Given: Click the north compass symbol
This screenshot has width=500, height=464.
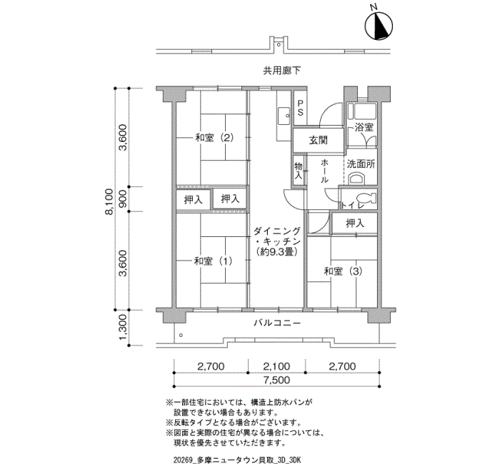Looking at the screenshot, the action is [x=379, y=25].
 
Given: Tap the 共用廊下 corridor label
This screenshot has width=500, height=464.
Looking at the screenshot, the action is [x=282, y=71].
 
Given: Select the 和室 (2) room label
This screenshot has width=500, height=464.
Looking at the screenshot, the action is [x=214, y=138].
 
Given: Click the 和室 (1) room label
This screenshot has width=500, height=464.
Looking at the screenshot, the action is [x=214, y=261].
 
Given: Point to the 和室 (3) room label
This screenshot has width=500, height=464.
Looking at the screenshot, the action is [x=343, y=271].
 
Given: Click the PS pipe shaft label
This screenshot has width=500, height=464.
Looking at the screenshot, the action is [x=300, y=108].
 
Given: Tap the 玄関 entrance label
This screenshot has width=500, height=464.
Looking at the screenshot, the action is [x=319, y=140].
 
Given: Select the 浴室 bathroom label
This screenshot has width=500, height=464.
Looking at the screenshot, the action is [x=364, y=128].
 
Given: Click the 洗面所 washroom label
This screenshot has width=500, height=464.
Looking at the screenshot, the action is [x=361, y=164].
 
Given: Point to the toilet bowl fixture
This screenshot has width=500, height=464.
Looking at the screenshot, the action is [x=366, y=198].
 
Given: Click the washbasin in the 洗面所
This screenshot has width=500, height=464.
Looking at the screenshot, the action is [x=356, y=178].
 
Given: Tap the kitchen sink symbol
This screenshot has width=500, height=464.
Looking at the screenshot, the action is [x=284, y=116].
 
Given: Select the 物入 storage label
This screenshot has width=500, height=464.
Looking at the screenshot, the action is [x=299, y=171].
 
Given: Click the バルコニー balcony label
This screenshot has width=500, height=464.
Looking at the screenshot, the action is [x=277, y=323].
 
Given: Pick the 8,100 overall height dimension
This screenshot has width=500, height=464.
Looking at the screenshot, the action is [x=109, y=202].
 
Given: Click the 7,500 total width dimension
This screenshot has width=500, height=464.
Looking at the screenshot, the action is [x=277, y=380].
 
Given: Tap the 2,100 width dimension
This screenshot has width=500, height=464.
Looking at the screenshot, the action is [x=277, y=366].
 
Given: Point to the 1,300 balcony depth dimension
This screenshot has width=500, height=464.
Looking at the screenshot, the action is [x=123, y=327].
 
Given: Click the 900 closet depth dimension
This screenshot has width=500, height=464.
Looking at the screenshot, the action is [x=123, y=199].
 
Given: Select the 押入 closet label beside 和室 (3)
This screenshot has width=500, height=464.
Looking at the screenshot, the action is [x=355, y=223].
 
